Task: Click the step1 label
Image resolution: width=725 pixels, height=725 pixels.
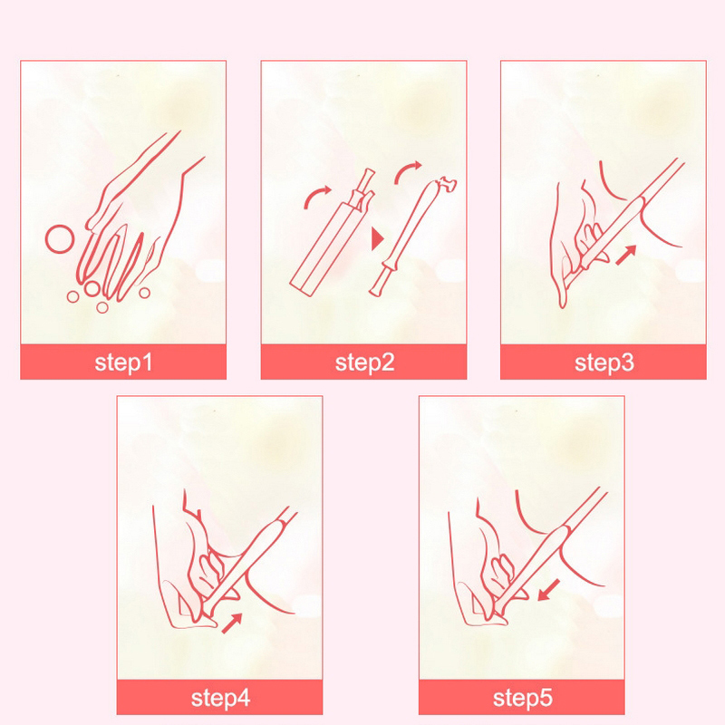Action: tap(123, 362)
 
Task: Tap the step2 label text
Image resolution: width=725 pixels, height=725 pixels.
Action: tap(364, 362)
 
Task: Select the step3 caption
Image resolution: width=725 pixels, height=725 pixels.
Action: tap(604, 362)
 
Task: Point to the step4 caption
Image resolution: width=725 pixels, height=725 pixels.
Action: tap(220, 698)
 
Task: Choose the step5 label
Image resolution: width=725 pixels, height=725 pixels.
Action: tap(522, 698)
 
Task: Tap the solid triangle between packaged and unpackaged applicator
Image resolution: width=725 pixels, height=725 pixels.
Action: tap(377, 238)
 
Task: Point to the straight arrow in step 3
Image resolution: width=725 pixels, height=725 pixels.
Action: tap(626, 255)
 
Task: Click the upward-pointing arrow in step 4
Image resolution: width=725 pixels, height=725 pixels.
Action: tap(232, 623)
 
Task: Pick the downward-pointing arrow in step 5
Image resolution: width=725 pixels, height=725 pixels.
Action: tap(549, 591)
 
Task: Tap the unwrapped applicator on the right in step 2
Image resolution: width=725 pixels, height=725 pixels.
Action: tap(411, 237)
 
